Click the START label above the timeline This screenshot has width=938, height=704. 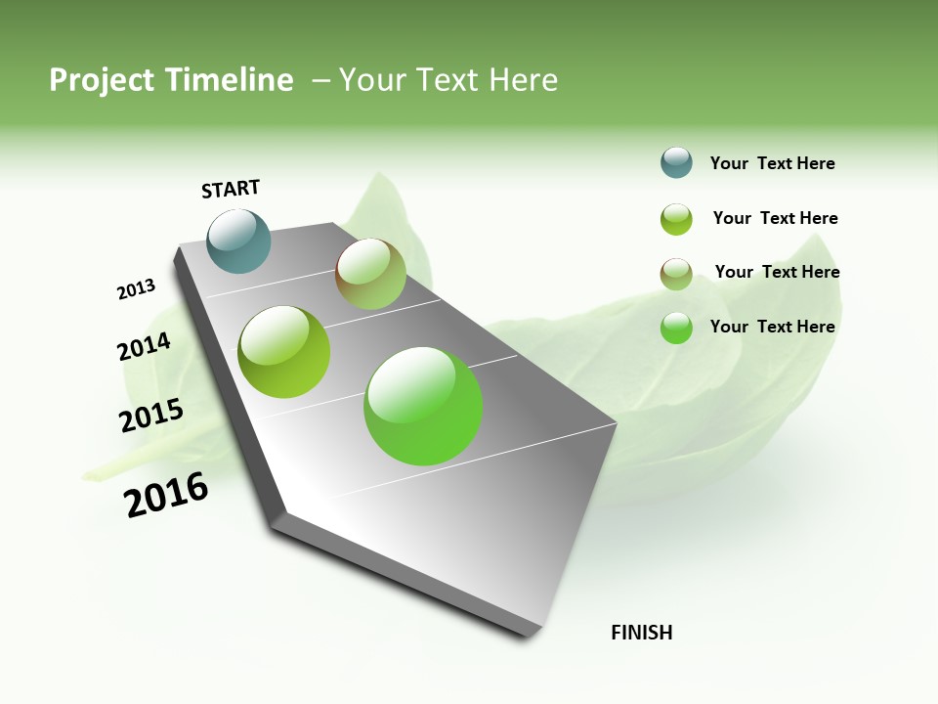click(x=231, y=189)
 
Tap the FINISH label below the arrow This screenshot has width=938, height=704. click(x=641, y=633)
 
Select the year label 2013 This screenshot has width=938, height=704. click(x=136, y=289)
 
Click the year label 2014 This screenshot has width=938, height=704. click(x=144, y=347)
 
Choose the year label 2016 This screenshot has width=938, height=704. click(x=166, y=495)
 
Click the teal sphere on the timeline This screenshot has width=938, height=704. click(x=239, y=241)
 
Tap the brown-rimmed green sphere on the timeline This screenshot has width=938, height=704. click(x=370, y=274)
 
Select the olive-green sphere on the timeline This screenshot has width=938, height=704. click(x=284, y=351)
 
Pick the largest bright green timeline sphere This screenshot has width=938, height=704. click(x=423, y=406)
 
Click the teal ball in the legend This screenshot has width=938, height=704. click(x=676, y=162)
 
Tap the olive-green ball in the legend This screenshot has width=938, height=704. click(x=676, y=219)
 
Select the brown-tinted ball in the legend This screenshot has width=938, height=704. click(x=676, y=274)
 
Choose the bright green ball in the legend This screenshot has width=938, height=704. click(x=676, y=328)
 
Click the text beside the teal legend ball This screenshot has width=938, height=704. click(x=772, y=163)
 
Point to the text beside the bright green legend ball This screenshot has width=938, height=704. click(x=772, y=327)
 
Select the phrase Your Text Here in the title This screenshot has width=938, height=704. click(x=448, y=80)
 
